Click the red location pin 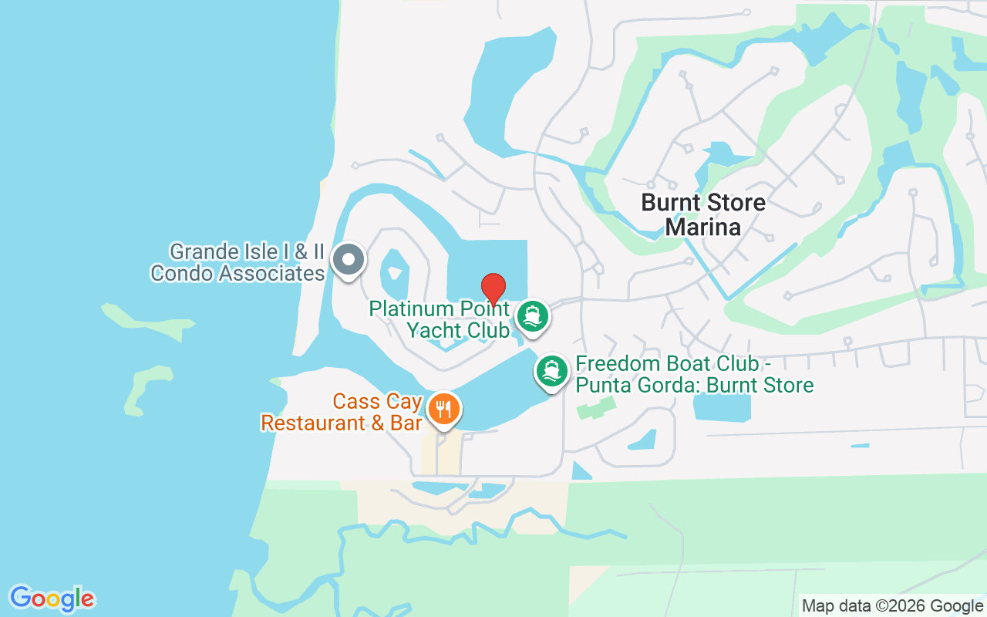(x=493, y=288)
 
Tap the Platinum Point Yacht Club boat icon (x=532, y=315)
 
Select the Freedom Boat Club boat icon (x=552, y=371)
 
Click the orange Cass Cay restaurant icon (x=443, y=409)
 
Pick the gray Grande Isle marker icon (x=349, y=259)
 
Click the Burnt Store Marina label (x=703, y=215)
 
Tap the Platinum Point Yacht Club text (x=439, y=319)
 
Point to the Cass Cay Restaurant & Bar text (x=342, y=413)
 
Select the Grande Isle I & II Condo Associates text (x=238, y=262)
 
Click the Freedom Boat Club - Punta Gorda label (x=694, y=374)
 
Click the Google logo (x=52, y=598)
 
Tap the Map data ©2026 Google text (x=892, y=606)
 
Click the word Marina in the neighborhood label (x=702, y=228)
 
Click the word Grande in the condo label (x=202, y=251)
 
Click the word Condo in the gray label (x=184, y=273)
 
